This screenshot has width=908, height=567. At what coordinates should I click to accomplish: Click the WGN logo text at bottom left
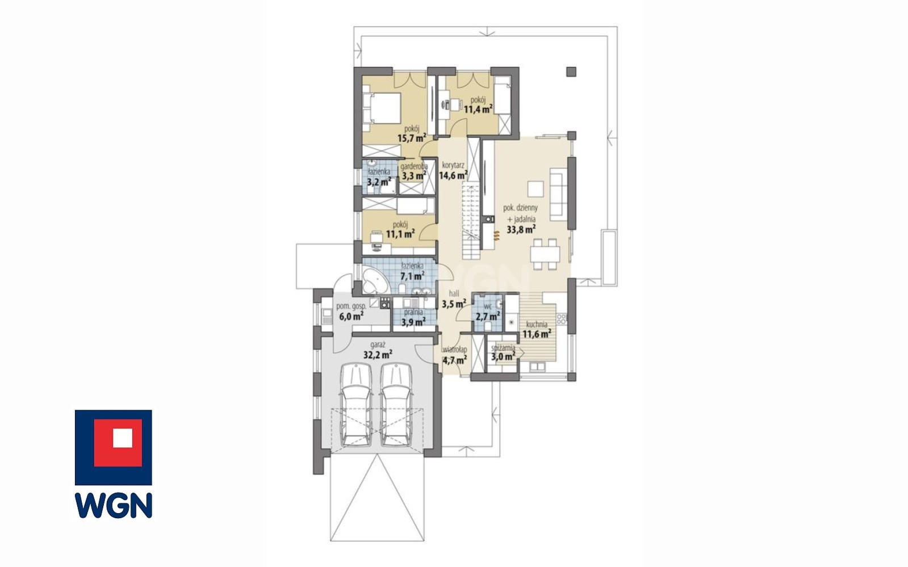(114, 505)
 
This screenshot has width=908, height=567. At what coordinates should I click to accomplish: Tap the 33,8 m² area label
(521, 230)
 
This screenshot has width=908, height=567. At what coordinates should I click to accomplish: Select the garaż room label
(378, 345)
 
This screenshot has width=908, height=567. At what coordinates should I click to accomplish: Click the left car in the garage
(356, 405)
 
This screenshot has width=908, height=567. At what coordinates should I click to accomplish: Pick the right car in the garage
(396, 405)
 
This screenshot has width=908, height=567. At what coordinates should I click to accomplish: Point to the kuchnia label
(537, 324)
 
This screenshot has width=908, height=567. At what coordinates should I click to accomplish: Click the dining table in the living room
(545, 254)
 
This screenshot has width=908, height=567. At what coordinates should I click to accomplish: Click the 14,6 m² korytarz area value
(454, 175)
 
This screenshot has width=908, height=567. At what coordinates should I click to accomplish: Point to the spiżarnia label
(503, 348)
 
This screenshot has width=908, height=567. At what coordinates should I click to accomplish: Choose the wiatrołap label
(454, 350)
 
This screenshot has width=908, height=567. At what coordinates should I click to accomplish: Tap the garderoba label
(414, 166)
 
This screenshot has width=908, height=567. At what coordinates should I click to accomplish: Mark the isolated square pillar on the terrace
(571, 72)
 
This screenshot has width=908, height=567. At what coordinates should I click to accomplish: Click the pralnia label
(413, 312)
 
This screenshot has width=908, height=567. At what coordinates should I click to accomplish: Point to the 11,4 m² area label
(478, 108)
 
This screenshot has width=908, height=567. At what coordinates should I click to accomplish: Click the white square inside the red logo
(123, 438)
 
